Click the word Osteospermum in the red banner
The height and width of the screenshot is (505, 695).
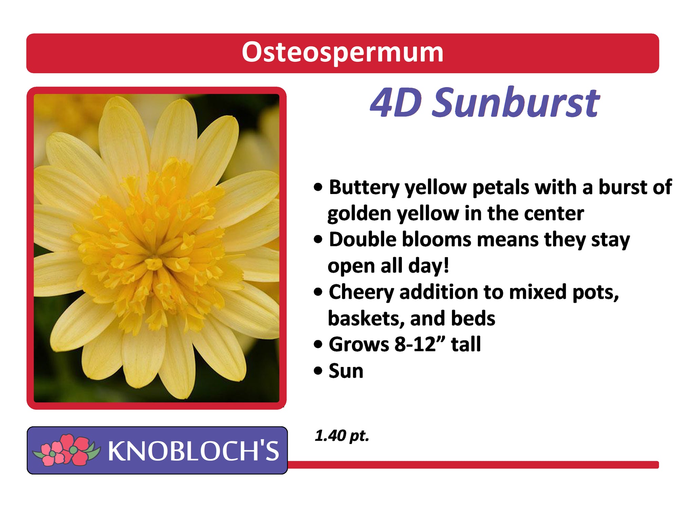point(342,53)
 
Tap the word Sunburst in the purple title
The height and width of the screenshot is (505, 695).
point(516,102)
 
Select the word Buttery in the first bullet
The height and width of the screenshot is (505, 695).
point(364,188)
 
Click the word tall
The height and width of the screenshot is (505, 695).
point(466,344)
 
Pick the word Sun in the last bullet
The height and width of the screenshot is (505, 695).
point(346,371)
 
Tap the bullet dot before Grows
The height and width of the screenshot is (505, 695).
point(318,345)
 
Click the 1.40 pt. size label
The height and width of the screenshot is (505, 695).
point(341,435)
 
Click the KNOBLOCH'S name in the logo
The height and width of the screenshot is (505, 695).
point(193,451)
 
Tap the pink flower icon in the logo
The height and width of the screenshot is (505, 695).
point(67,450)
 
